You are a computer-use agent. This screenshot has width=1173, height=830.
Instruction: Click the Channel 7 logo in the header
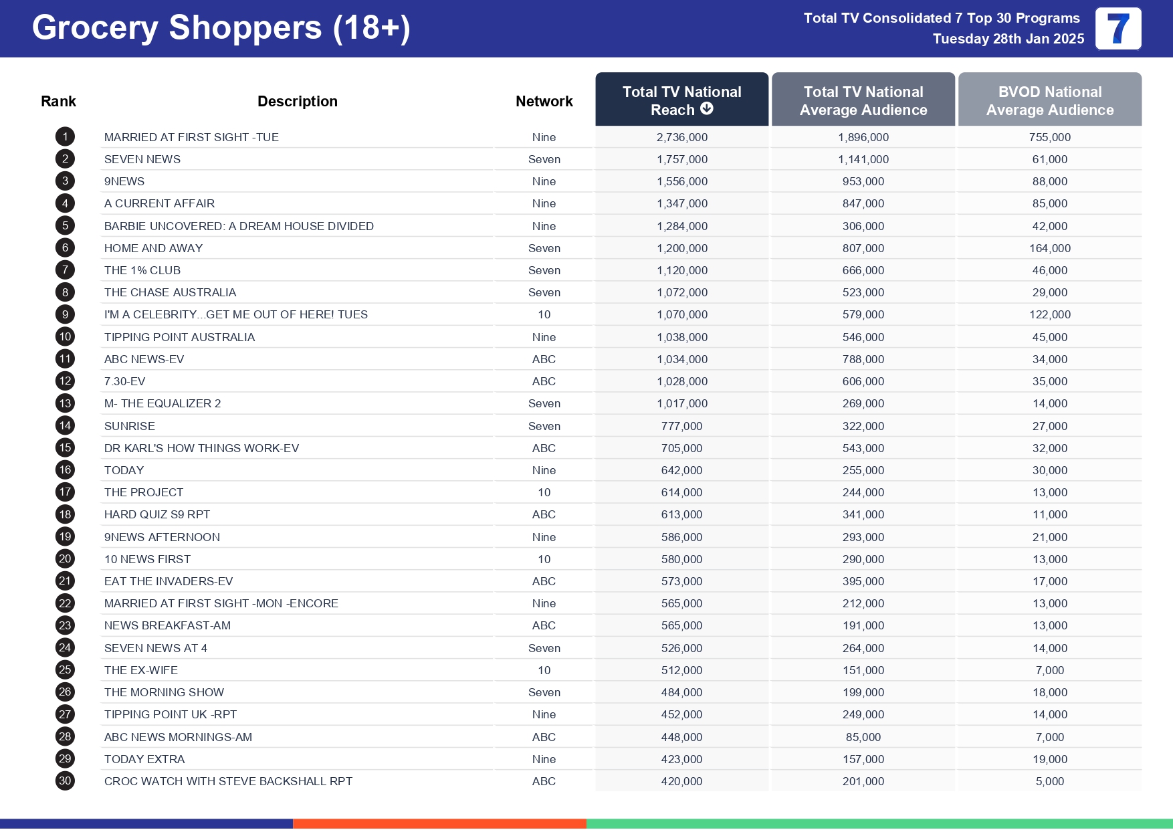click(x=1117, y=29)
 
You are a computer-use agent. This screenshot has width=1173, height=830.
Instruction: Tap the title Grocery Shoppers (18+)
click(x=221, y=28)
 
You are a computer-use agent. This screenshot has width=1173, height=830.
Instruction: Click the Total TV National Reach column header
click(x=681, y=100)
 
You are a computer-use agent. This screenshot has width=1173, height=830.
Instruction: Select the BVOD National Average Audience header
click(x=1049, y=100)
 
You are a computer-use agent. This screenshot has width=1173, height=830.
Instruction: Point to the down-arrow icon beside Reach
click(x=707, y=109)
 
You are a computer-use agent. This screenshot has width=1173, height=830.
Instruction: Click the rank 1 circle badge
click(x=65, y=137)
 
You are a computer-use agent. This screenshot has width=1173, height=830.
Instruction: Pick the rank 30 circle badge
click(x=65, y=781)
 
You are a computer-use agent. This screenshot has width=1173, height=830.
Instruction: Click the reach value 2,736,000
click(x=681, y=137)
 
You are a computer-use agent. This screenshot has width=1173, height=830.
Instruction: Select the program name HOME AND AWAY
click(x=153, y=248)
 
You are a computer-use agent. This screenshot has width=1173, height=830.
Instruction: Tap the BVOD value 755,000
click(x=1049, y=137)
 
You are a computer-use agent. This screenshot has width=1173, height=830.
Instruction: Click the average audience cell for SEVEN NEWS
click(x=863, y=159)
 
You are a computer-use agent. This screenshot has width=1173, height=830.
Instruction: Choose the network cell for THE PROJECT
click(x=544, y=492)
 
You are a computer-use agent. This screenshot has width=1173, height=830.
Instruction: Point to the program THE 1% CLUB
click(x=142, y=270)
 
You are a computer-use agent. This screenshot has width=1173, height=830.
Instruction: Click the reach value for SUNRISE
click(x=681, y=426)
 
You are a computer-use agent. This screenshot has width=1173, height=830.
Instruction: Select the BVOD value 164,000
click(x=1049, y=248)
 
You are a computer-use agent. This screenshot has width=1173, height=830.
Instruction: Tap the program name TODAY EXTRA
click(x=144, y=759)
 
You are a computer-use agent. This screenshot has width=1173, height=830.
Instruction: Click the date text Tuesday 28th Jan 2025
click(x=1008, y=39)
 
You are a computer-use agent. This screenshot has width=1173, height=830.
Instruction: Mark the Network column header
click(x=544, y=101)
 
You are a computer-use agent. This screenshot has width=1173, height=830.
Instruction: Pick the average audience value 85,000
click(x=863, y=737)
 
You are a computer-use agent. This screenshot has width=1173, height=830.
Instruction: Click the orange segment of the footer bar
click(x=439, y=824)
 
